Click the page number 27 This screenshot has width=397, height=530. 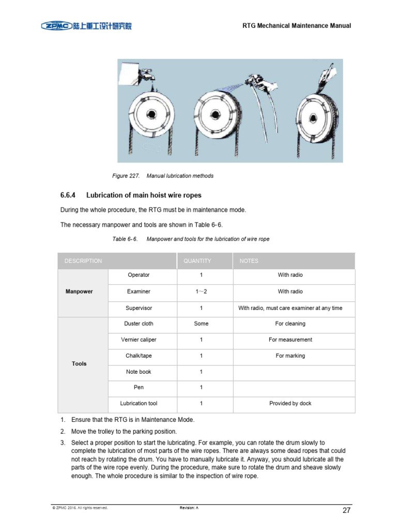point(347,511)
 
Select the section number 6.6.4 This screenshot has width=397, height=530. point(68,195)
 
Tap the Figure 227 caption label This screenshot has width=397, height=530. point(126,176)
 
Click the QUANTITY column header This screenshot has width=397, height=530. point(197,261)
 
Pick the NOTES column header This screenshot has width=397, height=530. point(249,261)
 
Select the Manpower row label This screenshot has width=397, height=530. point(79,291)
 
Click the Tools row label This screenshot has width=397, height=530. point(79,364)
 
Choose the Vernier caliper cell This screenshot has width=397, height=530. point(139,340)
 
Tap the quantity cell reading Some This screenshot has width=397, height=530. point(201,323)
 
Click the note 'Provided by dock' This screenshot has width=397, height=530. point(290,403)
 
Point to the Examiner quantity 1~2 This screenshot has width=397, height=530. point(201,291)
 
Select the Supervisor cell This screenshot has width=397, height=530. point(139,308)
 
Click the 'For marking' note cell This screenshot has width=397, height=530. point(290,356)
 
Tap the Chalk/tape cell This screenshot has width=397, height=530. point(139,356)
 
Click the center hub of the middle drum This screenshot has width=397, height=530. point(216,115)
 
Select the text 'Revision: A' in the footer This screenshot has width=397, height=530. point(189,508)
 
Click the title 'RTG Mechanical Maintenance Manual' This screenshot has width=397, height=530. point(297,26)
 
